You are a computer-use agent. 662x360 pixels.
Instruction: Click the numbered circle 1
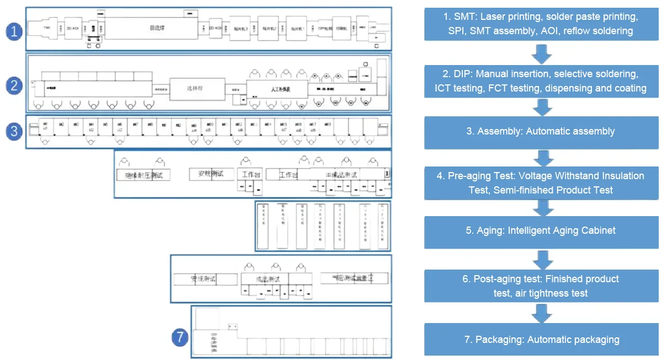point(14,31)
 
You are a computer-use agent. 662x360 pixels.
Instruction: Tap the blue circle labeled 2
point(14,85)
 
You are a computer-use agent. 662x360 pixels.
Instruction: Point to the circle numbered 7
point(180,337)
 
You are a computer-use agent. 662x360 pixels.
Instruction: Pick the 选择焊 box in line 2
point(197,88)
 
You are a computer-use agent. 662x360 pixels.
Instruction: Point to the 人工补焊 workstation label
point(276,88)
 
